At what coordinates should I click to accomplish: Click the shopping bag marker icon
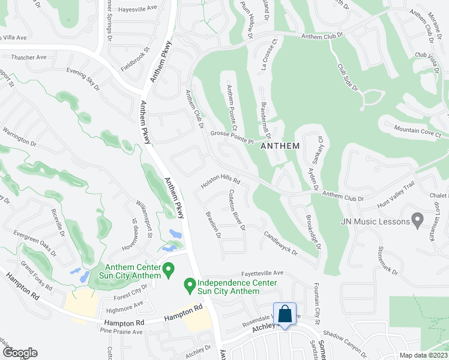click(x=285, y=313)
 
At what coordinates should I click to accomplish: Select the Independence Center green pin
click(x=189, y=283)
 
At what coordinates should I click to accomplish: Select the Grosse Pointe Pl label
click(x=232, y=137)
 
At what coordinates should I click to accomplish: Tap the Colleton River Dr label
click(x=235, y=210)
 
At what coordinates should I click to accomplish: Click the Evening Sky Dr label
click(x=83, y=80)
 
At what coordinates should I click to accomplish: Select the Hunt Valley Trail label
click(x=396, y=196)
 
